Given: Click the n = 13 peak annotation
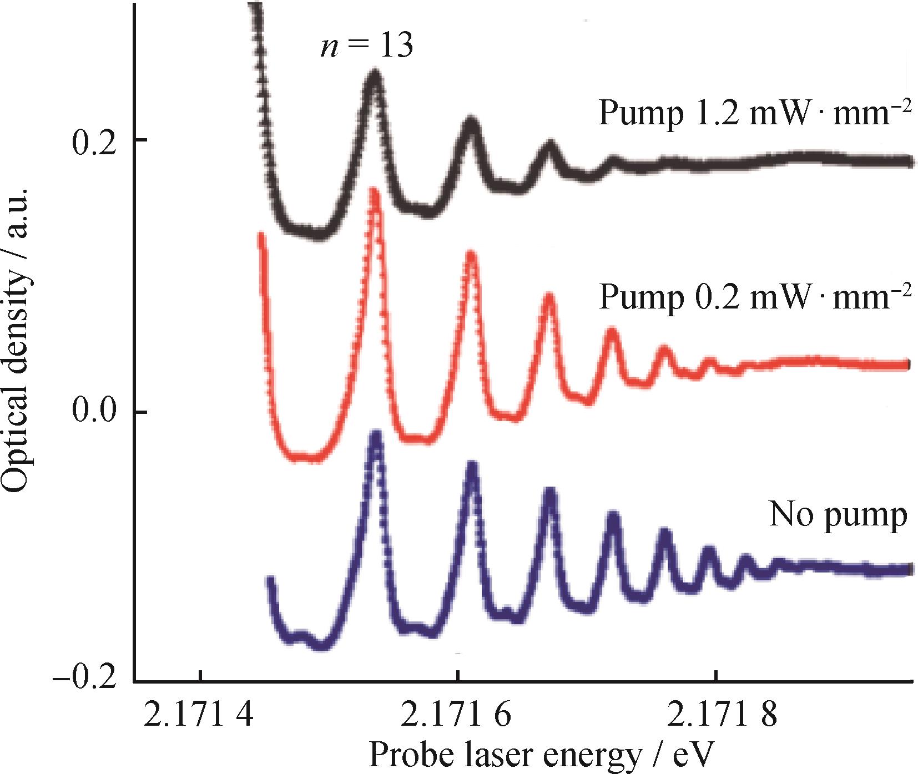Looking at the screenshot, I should [366, 47].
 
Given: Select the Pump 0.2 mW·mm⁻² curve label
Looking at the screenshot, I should [755, 298].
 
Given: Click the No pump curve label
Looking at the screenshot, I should [838, 516].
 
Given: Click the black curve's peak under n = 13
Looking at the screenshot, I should [375, 75].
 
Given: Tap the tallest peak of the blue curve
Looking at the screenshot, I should [376, 436].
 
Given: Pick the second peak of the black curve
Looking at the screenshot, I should [471, 122].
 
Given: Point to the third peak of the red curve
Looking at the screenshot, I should [549, 297].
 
